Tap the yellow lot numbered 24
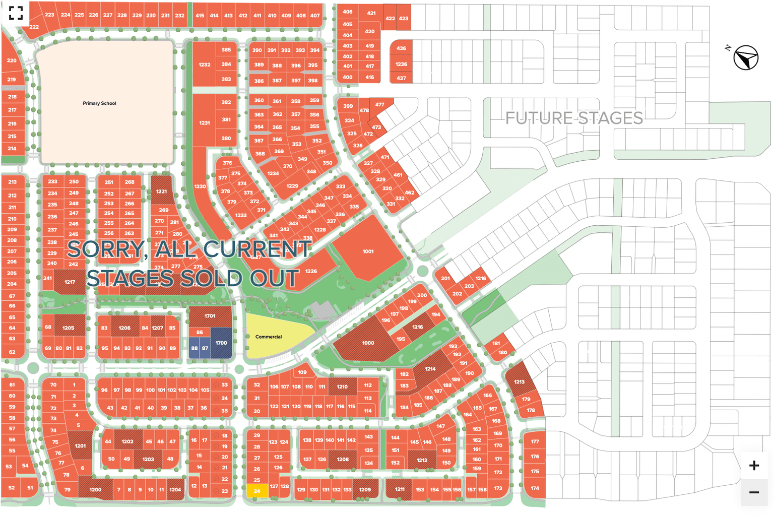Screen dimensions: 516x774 tap(257, 491)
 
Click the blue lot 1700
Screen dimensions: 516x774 tap(221, 343)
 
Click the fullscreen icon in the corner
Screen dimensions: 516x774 tap(16, 13)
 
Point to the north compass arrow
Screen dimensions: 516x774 tap(745, 57)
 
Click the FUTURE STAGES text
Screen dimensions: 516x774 tap(574, 118)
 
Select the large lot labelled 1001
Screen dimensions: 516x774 tap(368, 251)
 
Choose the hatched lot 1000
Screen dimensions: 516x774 tap(368, 343)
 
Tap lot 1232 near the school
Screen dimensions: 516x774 tap(204, 64)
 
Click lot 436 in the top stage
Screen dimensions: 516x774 tap(401, 48)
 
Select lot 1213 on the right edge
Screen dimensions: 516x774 tap(519, 381)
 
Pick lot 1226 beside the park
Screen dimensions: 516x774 tap(311, 271)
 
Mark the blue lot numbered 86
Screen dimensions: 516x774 tap(200, 332)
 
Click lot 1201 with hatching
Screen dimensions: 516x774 tap(81, 445)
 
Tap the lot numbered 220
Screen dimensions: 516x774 tap(12, 60)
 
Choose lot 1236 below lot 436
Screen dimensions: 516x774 tap(401, 64)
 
